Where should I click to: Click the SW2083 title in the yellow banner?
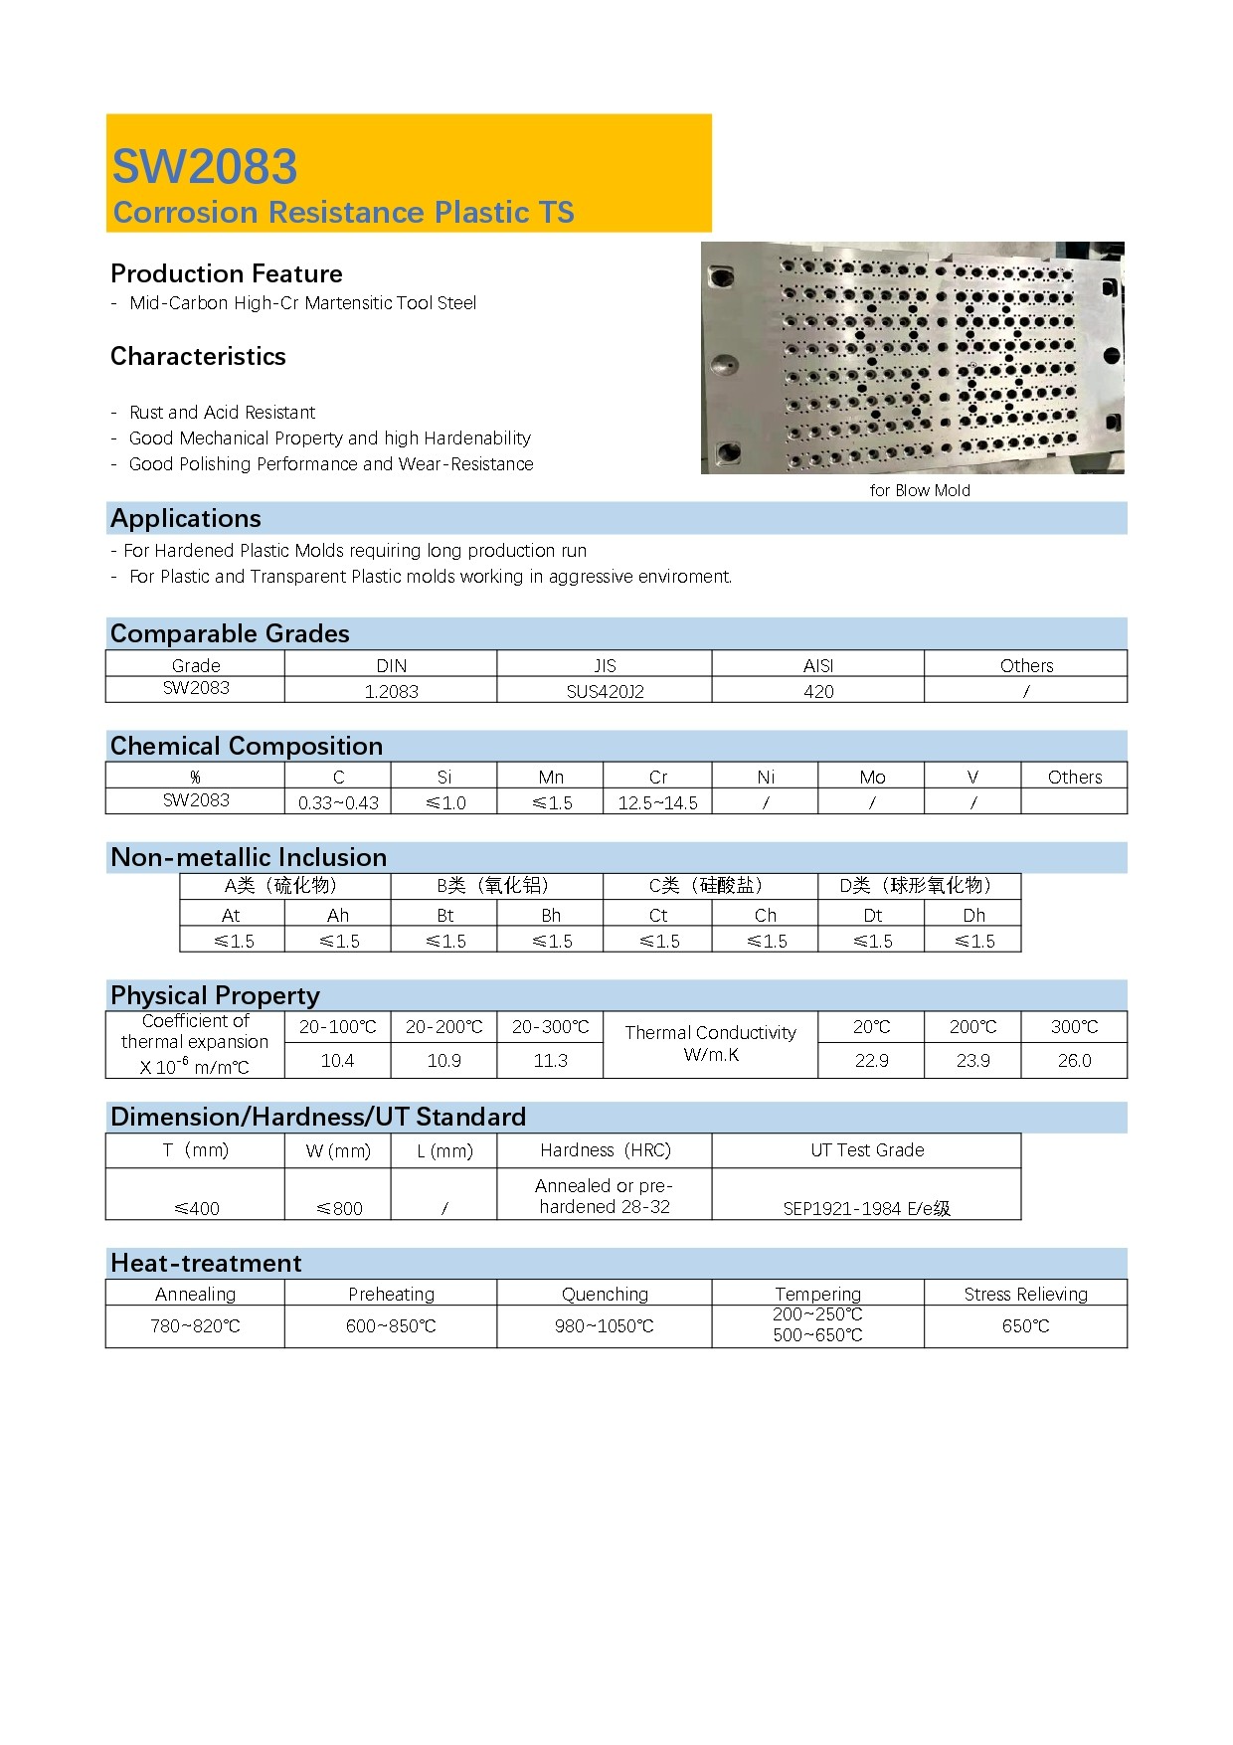pos(205,166)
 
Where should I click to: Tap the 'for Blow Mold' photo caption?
pos(919,490)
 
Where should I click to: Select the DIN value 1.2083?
pos(391,691)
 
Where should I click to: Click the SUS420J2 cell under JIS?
pos(605,691)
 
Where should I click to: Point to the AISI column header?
pos(817,665)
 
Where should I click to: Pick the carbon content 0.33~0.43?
pos(338,802)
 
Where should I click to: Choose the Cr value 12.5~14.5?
pos(657,802)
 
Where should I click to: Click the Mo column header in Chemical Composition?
pos(871,777)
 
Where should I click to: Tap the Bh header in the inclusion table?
pos(550,915)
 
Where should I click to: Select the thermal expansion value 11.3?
pos(550,1061)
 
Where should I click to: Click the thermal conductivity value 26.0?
pos(1074,1061)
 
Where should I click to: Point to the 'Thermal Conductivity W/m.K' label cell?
pos(710,1044)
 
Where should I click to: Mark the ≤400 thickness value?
pos(196,1208)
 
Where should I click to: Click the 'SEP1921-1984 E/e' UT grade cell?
pos(866,1208)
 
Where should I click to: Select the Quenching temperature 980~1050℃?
pos(605,1325)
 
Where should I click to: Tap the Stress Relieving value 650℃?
pos(1025,1325)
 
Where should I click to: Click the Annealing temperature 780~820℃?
pos(195,1325)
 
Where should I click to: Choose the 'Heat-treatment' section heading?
pos(206,1263)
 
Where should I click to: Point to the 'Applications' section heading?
pos(186,518)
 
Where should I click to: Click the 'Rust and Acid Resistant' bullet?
pos(222,412)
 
